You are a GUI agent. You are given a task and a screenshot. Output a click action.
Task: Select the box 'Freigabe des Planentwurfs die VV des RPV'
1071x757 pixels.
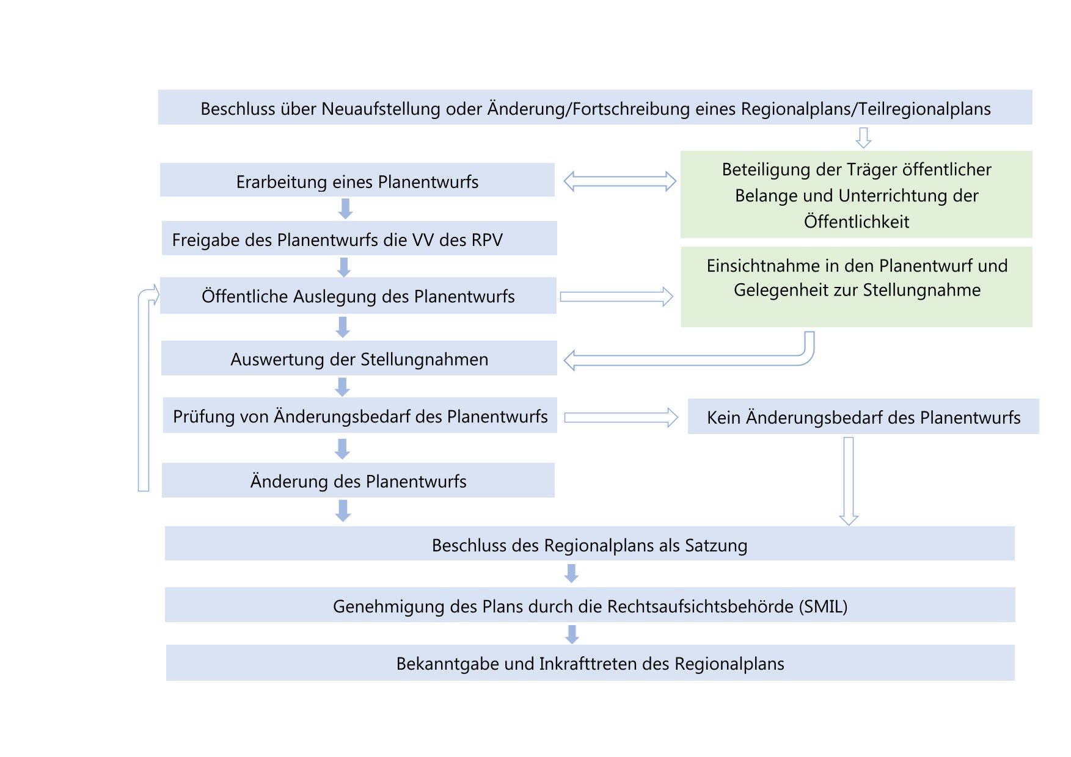[359, 239]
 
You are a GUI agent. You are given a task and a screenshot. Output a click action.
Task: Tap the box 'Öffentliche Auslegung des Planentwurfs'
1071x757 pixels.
[358, 296]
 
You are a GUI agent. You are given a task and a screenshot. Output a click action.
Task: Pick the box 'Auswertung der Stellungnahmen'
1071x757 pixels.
[359, 358]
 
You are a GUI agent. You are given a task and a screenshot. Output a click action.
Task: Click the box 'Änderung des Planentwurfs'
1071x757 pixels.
[358, 480]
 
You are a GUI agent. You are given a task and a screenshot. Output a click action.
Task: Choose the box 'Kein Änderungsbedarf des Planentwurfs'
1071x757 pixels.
[863, 417]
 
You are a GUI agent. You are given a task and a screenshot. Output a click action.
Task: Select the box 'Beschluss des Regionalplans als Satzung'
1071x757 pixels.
[590, 544]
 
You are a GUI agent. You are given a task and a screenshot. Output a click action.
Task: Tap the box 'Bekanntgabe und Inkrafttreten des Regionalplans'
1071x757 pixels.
[590, 663]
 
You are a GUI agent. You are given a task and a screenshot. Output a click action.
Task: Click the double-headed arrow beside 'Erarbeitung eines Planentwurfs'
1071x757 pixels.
[620, 181]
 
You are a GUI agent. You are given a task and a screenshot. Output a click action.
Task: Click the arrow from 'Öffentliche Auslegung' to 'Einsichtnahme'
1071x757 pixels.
[616, 297]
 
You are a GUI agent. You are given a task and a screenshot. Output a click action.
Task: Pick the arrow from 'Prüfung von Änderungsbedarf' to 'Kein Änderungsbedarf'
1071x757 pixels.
[621, 418]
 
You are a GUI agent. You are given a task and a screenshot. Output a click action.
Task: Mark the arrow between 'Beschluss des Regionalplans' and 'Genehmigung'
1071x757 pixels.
[572, 573]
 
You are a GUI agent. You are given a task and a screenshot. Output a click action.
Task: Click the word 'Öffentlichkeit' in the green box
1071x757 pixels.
[857, 222]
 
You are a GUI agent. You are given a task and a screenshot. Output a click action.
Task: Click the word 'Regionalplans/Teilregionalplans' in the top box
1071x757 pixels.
[866, 109]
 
